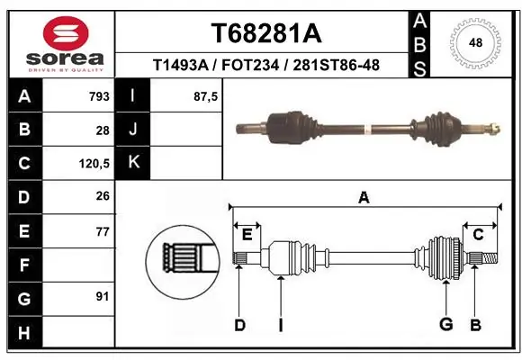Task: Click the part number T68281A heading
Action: coord(265,33)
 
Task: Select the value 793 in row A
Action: coord(99,96)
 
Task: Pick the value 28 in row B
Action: coord(103,130)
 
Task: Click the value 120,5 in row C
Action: coord(95,164)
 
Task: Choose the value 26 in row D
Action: coord(103,197)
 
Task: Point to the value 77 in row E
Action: coord(103,231)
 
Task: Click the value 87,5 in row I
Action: coord(206,96)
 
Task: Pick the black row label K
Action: coord(133,163)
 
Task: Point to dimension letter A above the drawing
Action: coord(364,198)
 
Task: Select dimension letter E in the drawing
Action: coord(247,235)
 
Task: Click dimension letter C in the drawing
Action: coord(479,235)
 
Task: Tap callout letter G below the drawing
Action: coord(445,325)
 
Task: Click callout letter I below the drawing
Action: coord(280,325)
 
